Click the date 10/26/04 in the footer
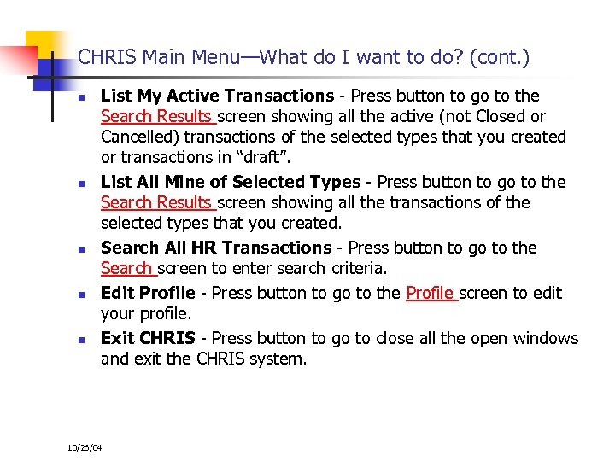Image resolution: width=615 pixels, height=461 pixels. point(84,447)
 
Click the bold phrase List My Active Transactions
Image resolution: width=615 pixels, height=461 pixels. point(217,96)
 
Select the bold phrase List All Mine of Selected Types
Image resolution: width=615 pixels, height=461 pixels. point(231,182)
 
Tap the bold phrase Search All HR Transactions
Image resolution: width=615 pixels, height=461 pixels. point(216,248)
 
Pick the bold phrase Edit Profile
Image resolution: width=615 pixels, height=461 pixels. point(148,293)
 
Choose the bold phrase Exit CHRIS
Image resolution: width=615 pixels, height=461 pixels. point(148,338)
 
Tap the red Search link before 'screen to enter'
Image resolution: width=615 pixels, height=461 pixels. point(126,268)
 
